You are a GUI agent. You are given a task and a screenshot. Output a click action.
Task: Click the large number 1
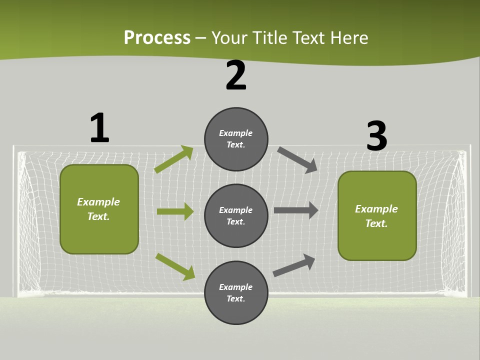(x=99, y=128)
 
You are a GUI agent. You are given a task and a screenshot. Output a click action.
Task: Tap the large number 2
(x=236, y=76)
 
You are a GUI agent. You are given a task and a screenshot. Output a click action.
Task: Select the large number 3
(x=376, y=136)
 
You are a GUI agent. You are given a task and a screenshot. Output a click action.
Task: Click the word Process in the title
(x=157, y=37)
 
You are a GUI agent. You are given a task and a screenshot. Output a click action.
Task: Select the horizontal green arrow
(x=175, y=211)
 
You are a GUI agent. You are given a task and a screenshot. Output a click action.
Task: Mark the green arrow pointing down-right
(x=175, y=266)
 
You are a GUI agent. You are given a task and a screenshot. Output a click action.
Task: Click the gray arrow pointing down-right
(x=297, y=160)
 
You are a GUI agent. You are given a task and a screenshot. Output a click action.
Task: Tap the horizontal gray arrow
(x=296, y=210)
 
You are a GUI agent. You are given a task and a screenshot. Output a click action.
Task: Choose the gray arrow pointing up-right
(x=294, y=265)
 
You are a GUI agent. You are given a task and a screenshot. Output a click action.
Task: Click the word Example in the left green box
(x=98, y=202)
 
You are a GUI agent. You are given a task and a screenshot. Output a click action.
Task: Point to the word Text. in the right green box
(x=376, y=223)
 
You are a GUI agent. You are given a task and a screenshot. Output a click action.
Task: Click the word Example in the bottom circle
(x=236, y=287)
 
